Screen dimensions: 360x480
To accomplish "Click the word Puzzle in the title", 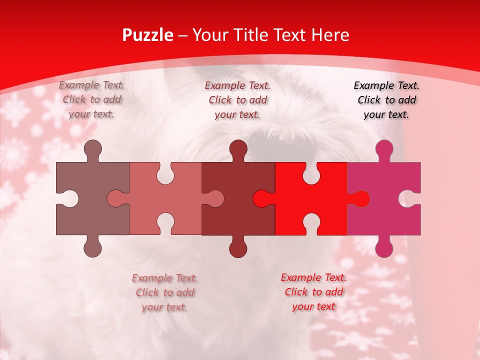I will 148,35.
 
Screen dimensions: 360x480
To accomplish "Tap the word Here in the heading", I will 330,35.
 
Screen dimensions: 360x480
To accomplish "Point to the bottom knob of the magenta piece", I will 384,248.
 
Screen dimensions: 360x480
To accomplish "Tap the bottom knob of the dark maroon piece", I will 238,248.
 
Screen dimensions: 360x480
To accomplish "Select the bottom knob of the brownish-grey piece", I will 92,248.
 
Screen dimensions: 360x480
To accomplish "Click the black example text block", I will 386,100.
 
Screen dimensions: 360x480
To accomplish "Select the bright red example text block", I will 313,292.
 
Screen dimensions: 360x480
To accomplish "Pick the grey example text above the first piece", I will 91,99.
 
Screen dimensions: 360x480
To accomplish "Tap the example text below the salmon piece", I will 164,292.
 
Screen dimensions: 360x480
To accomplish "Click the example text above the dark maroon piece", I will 237,100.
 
